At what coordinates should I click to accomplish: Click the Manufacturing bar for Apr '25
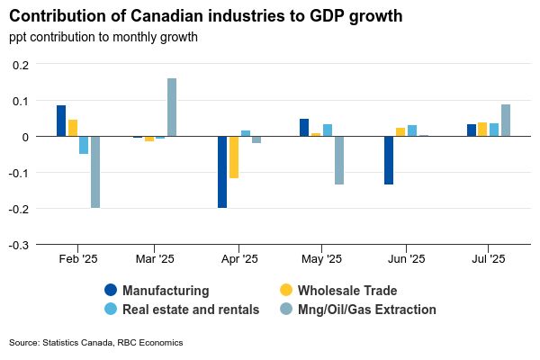(x=222, y=172)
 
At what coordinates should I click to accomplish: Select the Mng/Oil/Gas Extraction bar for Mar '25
(x=172, y=107)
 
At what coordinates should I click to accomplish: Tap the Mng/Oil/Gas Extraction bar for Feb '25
(x=95, y=172)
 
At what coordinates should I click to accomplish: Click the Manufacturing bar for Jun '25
(x=389, y=160)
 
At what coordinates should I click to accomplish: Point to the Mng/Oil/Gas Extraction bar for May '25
(x=339, y=160)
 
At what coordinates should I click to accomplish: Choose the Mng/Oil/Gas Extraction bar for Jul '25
(x=506, y=121)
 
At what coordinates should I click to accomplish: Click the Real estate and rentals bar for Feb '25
(x=84, y=145)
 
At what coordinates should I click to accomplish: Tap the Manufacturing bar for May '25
(x=304, y=128)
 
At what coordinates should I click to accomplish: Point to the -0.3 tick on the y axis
(x=20, y=245)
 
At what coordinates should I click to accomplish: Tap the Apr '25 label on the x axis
(x=239, y=259)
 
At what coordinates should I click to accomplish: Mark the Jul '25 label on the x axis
(x=489, y=259)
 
